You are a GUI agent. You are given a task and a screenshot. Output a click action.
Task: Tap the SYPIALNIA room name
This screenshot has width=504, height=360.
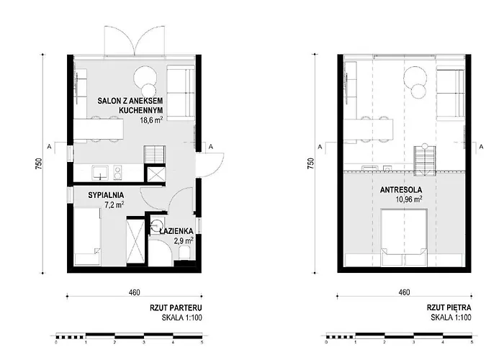pyautogui.click(x=106, y=195)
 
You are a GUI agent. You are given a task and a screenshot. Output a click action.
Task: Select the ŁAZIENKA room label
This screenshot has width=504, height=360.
pyautogui.click(x=176, y=231)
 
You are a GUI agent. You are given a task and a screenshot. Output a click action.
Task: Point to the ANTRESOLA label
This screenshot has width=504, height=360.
pyautogui.click(x=401, y=190)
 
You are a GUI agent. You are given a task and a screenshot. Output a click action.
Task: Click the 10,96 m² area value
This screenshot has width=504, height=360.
pyautogui.click(x=408, y=199)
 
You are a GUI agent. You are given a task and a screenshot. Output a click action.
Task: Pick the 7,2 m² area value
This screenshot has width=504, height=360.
pyautogui.click(x=114, y=204)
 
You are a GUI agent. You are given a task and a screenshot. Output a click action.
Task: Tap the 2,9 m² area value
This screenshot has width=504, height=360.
pyautogui.click(x=184, y=240)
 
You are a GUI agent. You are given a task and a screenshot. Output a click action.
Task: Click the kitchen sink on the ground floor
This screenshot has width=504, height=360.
pyautogui.click(x=101, y=173)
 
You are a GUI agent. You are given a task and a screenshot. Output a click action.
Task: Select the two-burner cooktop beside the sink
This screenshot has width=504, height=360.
pyautogui.click(x=117, y=173)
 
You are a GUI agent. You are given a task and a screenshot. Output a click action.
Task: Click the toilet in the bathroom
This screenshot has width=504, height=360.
pyautogui.click(x=184, y=253)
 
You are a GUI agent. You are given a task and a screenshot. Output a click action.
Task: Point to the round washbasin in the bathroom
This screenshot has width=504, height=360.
pyautogui.click(x=157, y=225)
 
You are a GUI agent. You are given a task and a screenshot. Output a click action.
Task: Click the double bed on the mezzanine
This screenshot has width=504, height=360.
pyautogui.click(x=404, y=238)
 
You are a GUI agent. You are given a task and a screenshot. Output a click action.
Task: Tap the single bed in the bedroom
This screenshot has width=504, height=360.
pyautogui.click(x=87, y=236)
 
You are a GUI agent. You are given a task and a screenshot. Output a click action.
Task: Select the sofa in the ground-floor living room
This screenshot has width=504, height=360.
pyautogui.click(x=181, y=93)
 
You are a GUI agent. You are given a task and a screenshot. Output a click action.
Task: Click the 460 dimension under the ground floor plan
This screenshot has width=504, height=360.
pyautogui.click(x=135, y=292)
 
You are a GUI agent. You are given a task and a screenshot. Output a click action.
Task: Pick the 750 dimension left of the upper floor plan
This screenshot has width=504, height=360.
pyautogui.click(x=310, y=164)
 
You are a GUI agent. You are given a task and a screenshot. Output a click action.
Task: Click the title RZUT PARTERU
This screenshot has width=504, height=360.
pyautogui.click(x=176, y=307)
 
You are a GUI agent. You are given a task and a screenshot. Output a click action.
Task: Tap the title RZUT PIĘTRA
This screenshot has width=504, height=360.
pyautogui.click(x=449, y=307)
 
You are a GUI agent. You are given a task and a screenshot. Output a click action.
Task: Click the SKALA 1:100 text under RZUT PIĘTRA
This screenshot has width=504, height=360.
pyautogui.click(x=451, y=318)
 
